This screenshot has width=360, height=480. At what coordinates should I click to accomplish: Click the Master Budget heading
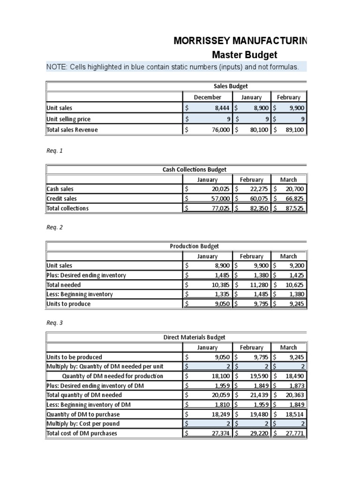[245, 55]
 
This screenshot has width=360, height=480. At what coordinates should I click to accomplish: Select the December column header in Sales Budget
[207, 97]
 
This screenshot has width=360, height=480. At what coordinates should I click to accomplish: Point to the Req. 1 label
[54, 151]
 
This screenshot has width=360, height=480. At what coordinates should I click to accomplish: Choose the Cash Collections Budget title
[191, 170]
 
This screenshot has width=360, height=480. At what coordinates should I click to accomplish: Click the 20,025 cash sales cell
[220, 189]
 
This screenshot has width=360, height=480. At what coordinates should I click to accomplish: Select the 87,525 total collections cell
[295, 208]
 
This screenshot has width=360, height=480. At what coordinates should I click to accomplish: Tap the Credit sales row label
[61, 199]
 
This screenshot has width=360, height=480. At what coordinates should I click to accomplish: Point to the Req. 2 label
[54, 227]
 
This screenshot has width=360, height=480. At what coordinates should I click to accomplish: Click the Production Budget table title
[194, 246]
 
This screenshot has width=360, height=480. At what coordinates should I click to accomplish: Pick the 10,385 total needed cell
[220, 285]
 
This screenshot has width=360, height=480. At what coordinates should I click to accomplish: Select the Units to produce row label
[68, 304]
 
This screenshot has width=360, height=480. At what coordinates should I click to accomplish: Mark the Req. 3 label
[54, 323]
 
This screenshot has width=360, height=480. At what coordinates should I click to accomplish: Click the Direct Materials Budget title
[194, 337]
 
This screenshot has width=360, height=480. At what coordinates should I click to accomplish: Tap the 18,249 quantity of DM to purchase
[220, 414]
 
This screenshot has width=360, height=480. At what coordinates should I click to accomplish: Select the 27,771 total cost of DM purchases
[295, 433]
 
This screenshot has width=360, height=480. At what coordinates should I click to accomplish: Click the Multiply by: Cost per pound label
[83, 424]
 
